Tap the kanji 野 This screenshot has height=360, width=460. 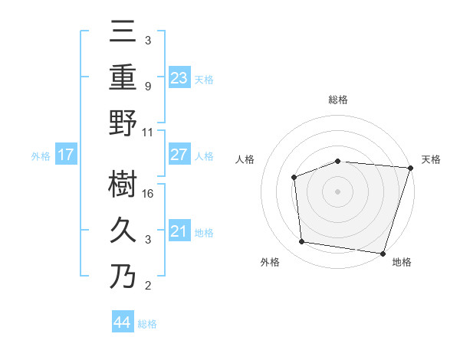pos(123,123)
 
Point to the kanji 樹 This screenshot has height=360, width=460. pos(123,184)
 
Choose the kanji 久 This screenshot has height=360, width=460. pos(123,230)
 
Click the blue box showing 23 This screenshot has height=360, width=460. pos(179,77)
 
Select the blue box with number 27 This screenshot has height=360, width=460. pos(179,155)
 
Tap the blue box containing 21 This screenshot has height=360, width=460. pos(179,231)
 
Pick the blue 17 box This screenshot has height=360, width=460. pos(66,155)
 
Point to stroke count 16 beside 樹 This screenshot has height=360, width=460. pos(149,194)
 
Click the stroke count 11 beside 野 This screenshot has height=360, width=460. pos(149,133)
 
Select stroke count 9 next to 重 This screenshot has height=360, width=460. pos(148,87)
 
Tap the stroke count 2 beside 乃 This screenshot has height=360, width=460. pos(148,286)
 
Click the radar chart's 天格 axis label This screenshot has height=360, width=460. pos(431,159)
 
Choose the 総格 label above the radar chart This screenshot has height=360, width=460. pos(337,100)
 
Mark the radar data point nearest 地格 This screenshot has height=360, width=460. pos(383,253)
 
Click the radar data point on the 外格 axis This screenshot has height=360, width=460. pos(302,242)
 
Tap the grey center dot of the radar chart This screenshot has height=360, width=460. pos(337,191)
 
